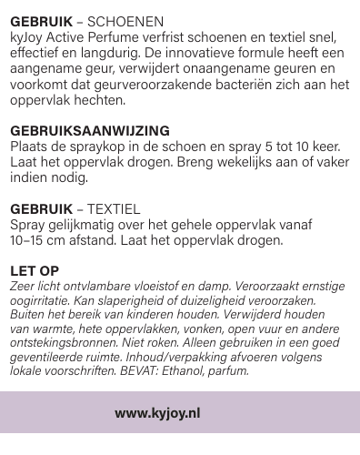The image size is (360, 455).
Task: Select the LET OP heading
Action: click(x=34, y=270)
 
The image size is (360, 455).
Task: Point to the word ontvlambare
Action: click(x=91, y=286)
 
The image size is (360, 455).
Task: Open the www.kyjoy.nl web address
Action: click(x=157, y=412)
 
